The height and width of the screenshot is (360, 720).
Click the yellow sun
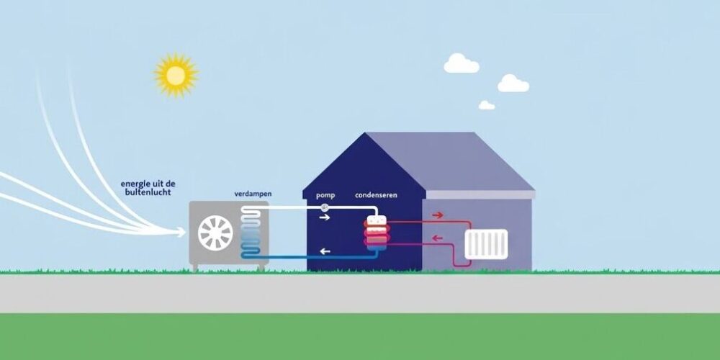pos(176,76)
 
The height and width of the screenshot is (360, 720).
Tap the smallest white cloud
pos(487,105)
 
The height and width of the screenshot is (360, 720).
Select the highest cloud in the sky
pos(461,63)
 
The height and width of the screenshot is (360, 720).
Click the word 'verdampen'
pos(253,194)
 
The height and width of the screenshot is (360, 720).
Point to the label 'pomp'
pos(325,195)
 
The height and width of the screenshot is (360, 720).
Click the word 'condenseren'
pos(376,195)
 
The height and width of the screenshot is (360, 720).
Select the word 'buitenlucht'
pos(148,192)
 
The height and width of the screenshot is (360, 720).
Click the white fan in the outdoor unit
pos(215,233)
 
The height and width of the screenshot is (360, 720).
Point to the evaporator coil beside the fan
pos(251,232)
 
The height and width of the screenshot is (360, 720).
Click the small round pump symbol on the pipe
pos(325,207)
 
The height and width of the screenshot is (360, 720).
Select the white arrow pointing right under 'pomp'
pos(325,217)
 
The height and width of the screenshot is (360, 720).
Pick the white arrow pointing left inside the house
pos(325,251)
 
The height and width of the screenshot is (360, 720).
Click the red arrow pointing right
pos(438,215)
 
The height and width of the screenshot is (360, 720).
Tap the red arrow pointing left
pos(438,238)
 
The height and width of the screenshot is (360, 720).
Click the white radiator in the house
pos(486,244)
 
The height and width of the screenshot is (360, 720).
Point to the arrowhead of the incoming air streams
pos(181,233)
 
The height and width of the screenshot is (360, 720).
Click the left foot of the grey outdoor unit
pos(196,267)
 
